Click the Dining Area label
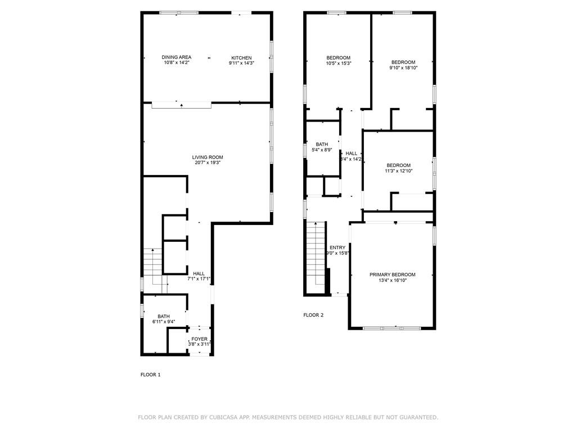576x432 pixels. [x=176, y=57]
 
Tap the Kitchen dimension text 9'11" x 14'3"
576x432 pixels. [x=241, y=63]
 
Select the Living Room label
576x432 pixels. [x=208, y=157]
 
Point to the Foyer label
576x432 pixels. [x=200, y=339]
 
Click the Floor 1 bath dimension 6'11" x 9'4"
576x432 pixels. [x=164, y=322]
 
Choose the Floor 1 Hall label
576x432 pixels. [x=199, y=274]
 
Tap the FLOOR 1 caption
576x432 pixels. [x=151, y=375]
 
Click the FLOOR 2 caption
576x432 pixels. [x=313, y=315]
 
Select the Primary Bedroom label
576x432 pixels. [x=392, y=274]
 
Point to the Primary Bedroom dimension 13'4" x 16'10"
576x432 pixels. [x=392, y=280]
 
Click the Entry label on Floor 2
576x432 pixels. [x=337, y=247]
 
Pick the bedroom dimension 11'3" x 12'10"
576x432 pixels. [x=399, y=171]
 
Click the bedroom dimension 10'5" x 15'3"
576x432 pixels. [x=338, y=63]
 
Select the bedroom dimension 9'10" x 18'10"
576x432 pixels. [x=403, y=67]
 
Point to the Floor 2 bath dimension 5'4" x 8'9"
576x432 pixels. [x=322, y=150]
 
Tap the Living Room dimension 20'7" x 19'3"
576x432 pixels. [x=208, y=163]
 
